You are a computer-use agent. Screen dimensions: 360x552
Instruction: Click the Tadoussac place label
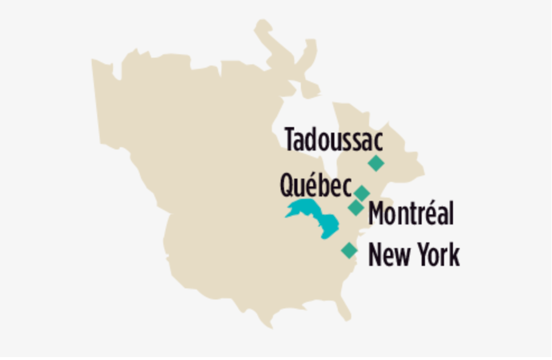coord(334,139)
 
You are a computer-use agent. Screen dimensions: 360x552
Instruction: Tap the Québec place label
coord(316,185)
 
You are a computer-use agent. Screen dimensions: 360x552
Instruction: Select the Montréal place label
coord(411,213)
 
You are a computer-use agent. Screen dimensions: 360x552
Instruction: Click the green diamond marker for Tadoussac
coord(376,163)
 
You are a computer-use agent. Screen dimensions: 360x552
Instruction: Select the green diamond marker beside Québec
coord(362,193)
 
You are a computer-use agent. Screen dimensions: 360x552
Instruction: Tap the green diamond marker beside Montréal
coord(356,207)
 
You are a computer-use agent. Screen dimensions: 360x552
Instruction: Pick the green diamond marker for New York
coord(349,250)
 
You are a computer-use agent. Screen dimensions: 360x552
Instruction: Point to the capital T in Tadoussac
coord(291,139)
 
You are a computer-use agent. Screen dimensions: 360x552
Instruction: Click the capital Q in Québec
coord(287,185)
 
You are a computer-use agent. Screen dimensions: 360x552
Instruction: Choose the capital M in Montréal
coord(377,213)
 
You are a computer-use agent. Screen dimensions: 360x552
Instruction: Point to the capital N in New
coord(376,255)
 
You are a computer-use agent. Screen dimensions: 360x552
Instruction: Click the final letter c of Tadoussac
coord(378,141)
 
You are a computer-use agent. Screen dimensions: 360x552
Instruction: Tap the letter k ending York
coord(454,255)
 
